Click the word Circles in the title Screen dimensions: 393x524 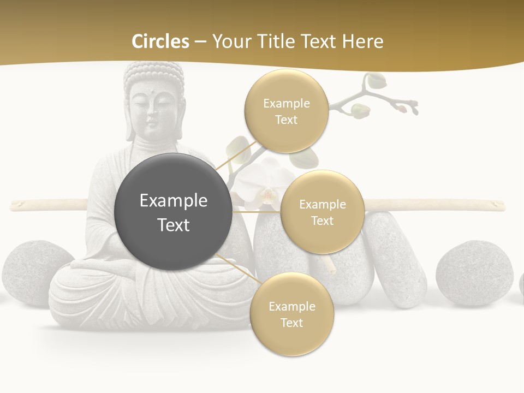160,41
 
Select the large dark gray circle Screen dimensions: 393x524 173,212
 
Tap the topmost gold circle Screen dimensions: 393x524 286,111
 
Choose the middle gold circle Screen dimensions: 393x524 322,212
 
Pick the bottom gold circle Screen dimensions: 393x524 291,314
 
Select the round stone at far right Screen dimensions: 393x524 474,272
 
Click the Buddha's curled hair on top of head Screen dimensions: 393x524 154,74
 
